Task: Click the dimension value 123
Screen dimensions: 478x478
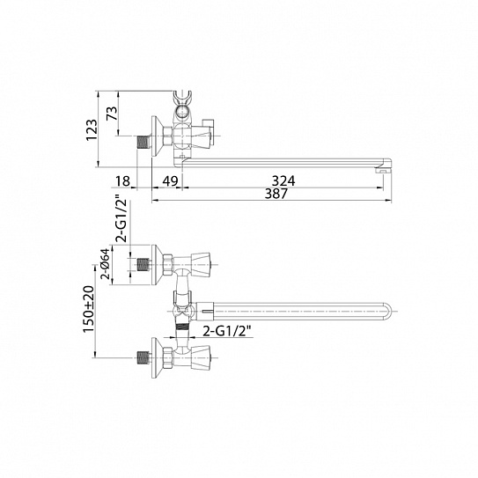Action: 92,129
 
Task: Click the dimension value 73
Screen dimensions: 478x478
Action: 112,114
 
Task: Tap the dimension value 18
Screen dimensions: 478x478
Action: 123,181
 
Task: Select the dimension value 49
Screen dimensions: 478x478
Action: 170,181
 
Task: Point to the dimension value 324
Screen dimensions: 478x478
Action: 283,181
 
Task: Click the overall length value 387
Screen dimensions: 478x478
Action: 276,194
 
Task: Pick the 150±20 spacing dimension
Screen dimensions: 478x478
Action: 89,309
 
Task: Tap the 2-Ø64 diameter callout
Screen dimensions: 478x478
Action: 105,264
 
